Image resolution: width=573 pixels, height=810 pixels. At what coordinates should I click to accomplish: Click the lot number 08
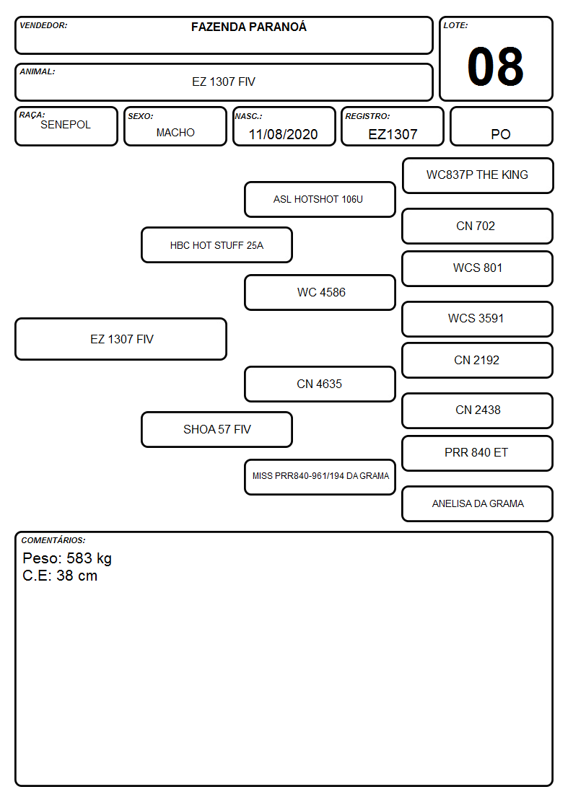point(495,66)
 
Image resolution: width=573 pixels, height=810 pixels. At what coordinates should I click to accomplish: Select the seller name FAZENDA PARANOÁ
point(248,27)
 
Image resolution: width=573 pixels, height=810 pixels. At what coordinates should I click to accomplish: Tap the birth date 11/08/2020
point(283,134)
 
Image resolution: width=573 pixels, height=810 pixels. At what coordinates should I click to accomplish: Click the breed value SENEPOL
point(66,125)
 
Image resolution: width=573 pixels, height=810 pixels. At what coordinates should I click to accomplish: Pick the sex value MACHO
point(175,133)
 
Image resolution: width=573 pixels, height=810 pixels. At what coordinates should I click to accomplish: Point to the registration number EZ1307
point(393,134)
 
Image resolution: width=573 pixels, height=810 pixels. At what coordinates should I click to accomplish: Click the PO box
point(501,126)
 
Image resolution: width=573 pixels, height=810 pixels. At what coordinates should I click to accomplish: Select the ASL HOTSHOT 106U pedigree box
point(320,199)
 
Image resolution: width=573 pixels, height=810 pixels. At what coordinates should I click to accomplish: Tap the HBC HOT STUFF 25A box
point(217,245)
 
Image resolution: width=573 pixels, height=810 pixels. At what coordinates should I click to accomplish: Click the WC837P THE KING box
point(478,176)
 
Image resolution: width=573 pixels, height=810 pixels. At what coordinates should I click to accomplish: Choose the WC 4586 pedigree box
point(320,292)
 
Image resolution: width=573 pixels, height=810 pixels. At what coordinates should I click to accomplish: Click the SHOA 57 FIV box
point(217,429)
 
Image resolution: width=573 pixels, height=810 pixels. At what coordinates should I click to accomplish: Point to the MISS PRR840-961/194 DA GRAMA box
point(320,477)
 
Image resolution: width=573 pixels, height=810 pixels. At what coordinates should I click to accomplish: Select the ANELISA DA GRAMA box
point(478,503)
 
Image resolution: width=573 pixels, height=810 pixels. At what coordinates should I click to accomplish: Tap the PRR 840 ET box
point(478,453)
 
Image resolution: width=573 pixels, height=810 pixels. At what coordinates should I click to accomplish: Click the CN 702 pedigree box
point(478,226)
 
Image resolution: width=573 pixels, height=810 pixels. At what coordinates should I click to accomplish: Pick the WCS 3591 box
point(478,319)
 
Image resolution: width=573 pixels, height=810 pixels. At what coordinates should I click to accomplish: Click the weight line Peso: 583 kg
point(67,558)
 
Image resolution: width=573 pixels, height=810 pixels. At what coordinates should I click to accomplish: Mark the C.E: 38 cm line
point(60,576)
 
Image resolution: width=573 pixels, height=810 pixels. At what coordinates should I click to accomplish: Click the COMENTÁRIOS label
point(53,540)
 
